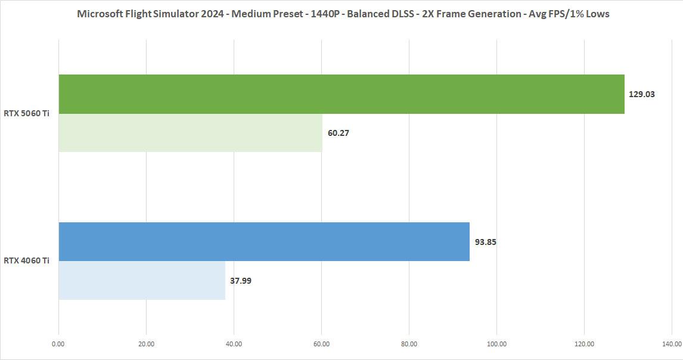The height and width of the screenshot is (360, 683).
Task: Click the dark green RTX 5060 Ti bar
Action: (341, 94)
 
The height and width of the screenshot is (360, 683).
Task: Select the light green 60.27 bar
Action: (190, 133)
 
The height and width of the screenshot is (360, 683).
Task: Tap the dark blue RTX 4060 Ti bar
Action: (264, 241)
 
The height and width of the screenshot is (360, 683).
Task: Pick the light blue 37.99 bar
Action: (142, 280)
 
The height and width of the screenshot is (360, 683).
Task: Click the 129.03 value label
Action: (642, 94)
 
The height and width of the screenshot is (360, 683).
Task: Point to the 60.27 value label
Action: (339, 133)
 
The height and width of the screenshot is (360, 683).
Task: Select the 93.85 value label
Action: (486, 242)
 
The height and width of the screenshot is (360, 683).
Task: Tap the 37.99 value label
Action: (241, 281)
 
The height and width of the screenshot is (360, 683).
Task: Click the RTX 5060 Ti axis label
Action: (26, 113)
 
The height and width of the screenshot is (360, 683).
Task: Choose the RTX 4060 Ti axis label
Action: (26, 260)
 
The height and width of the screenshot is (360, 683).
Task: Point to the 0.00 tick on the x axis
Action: (58, 344)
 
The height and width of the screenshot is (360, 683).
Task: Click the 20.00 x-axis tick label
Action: (146, 344)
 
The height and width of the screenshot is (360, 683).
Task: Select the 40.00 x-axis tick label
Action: (234, 344)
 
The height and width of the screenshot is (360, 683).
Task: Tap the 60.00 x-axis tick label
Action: (321, 344)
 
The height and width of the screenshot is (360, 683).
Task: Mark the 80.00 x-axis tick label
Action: (409, 344)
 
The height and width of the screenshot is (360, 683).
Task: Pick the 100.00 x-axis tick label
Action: (496, 344)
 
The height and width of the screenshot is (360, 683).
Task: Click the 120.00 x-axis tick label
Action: (584, 344)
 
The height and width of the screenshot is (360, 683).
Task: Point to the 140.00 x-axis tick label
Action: (672, 344)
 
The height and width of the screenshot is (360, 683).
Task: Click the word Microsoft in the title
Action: (100, 14)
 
